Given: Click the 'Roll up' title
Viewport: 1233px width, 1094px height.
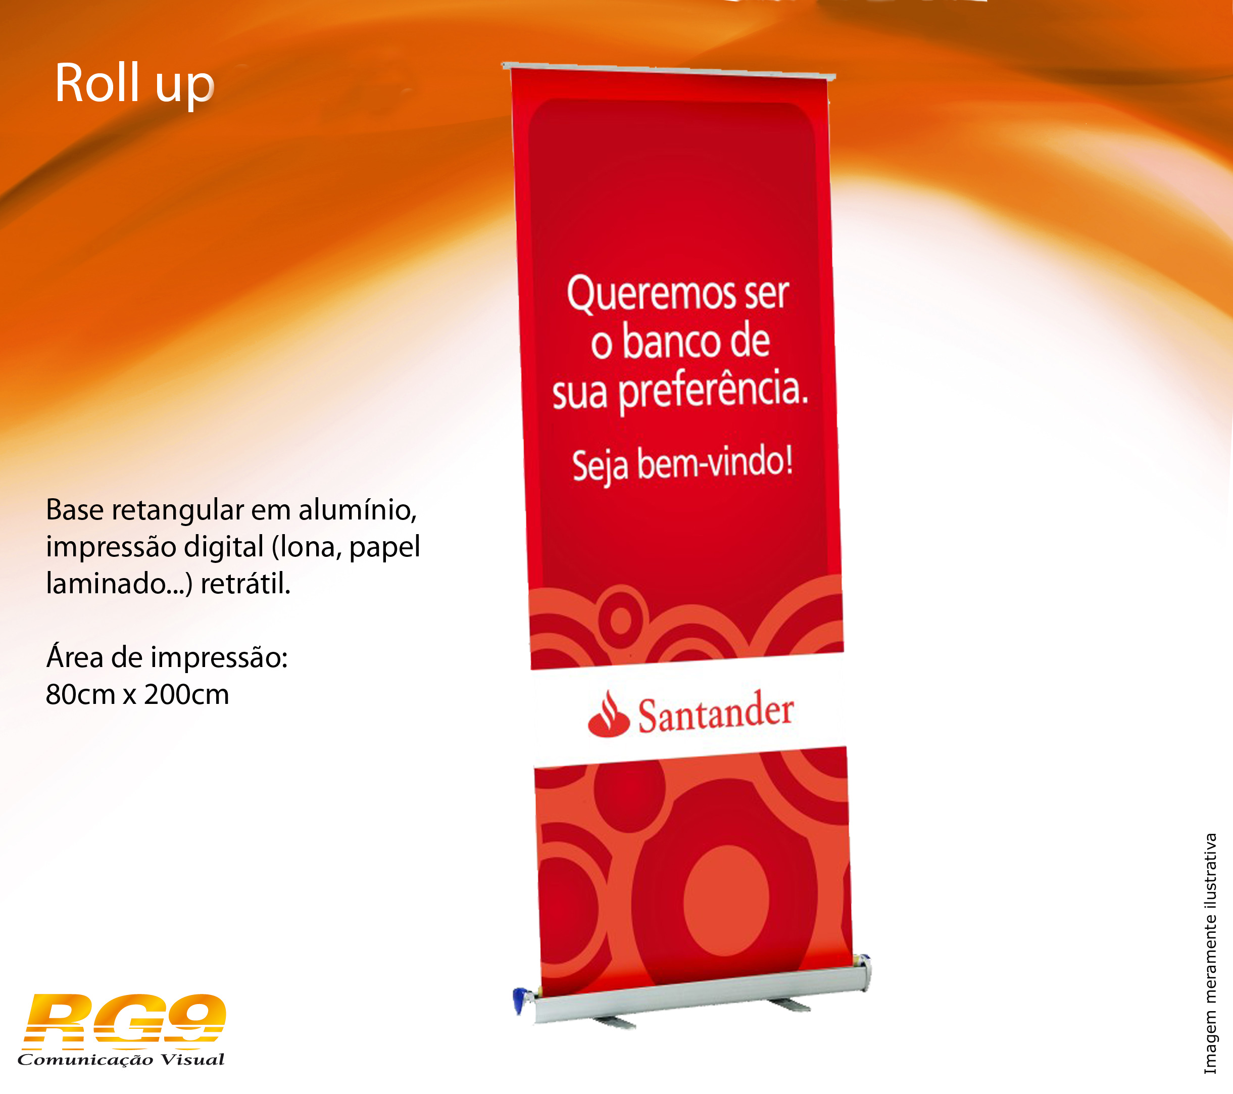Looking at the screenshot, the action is tap(134, 84).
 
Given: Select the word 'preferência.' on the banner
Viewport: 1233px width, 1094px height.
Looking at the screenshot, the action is tap(713, 392).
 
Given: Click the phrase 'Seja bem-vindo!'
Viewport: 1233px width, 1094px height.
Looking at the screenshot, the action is tap(682, 464).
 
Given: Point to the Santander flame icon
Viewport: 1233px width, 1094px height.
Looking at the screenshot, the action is tap(608, 715).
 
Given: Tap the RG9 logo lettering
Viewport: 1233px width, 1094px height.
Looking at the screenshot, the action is tap(124, 1019).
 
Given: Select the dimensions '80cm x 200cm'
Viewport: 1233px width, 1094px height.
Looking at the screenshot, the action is tap(137, 694).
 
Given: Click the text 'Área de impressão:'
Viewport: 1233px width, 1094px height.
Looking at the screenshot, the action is tap(167, 656).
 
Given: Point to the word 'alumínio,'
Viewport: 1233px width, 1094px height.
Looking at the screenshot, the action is tap(358, 510).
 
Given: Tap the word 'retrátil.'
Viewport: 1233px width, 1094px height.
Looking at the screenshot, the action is tap(245, 584).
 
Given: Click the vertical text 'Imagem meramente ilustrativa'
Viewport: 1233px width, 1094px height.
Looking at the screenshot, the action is tap(1210, 954).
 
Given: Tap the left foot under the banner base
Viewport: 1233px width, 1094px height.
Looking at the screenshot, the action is tap(614, 1022).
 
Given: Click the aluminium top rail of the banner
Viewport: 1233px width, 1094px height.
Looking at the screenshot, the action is tap(668, 71).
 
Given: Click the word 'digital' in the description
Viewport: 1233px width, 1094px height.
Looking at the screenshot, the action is tap(224, 547).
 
